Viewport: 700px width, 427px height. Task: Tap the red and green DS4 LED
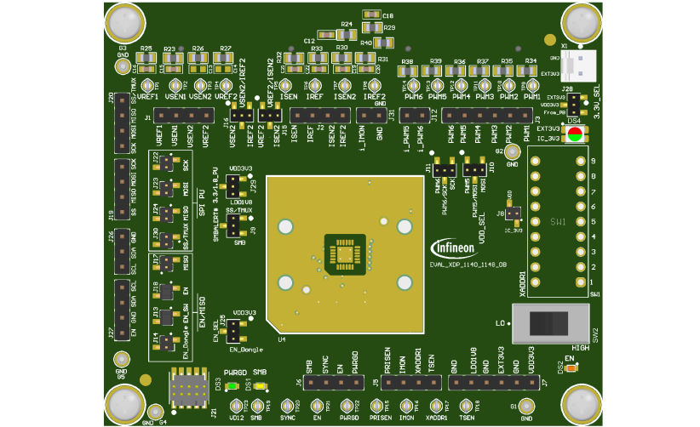[x=574, y=134]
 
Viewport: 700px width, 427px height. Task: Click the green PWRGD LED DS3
[x=232, y=384]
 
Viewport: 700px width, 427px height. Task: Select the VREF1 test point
[x=149, y=85]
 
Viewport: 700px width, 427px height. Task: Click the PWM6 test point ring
[x=413, y=86]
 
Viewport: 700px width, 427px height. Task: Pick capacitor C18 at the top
[x=371, y=15]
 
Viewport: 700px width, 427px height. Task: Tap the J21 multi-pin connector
[x=186, y=390]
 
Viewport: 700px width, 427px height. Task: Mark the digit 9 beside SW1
[x=593, y=160]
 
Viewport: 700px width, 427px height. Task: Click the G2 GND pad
[x=512, y=152]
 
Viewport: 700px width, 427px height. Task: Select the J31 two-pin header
[x=372, y=115]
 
